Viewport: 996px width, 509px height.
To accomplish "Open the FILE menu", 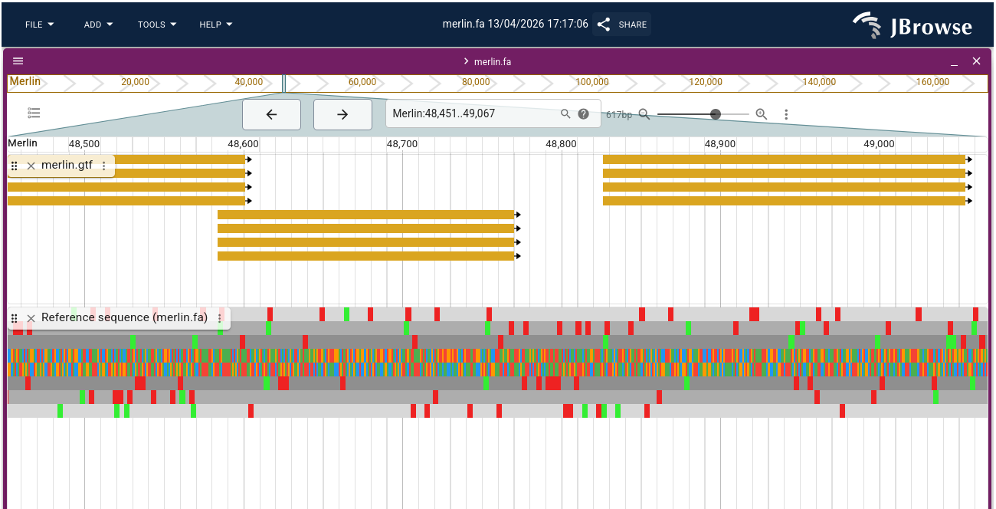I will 39,25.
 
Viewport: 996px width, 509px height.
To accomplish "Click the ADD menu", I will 98,25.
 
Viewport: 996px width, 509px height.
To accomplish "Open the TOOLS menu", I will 157,25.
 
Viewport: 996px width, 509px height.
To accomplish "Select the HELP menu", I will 215,25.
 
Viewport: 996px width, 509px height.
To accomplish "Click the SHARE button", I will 622,25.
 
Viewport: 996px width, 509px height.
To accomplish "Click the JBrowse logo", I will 912,27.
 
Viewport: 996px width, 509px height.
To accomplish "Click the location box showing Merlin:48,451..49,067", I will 471,113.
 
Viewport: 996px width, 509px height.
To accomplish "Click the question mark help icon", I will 584,114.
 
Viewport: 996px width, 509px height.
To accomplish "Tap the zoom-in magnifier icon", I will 761,114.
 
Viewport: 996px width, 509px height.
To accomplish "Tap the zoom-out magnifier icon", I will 644,114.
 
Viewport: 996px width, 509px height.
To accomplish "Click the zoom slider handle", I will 716,114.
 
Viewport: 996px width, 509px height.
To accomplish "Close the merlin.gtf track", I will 31,166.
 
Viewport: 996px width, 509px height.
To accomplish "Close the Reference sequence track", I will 31,318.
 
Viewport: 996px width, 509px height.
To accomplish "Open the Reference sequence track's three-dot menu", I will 220,318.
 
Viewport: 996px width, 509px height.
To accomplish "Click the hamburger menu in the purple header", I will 18,61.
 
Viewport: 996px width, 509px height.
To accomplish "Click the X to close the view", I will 976,61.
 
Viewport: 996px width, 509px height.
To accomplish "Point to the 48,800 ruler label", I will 561,143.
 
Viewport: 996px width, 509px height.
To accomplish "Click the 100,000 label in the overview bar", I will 591,82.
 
